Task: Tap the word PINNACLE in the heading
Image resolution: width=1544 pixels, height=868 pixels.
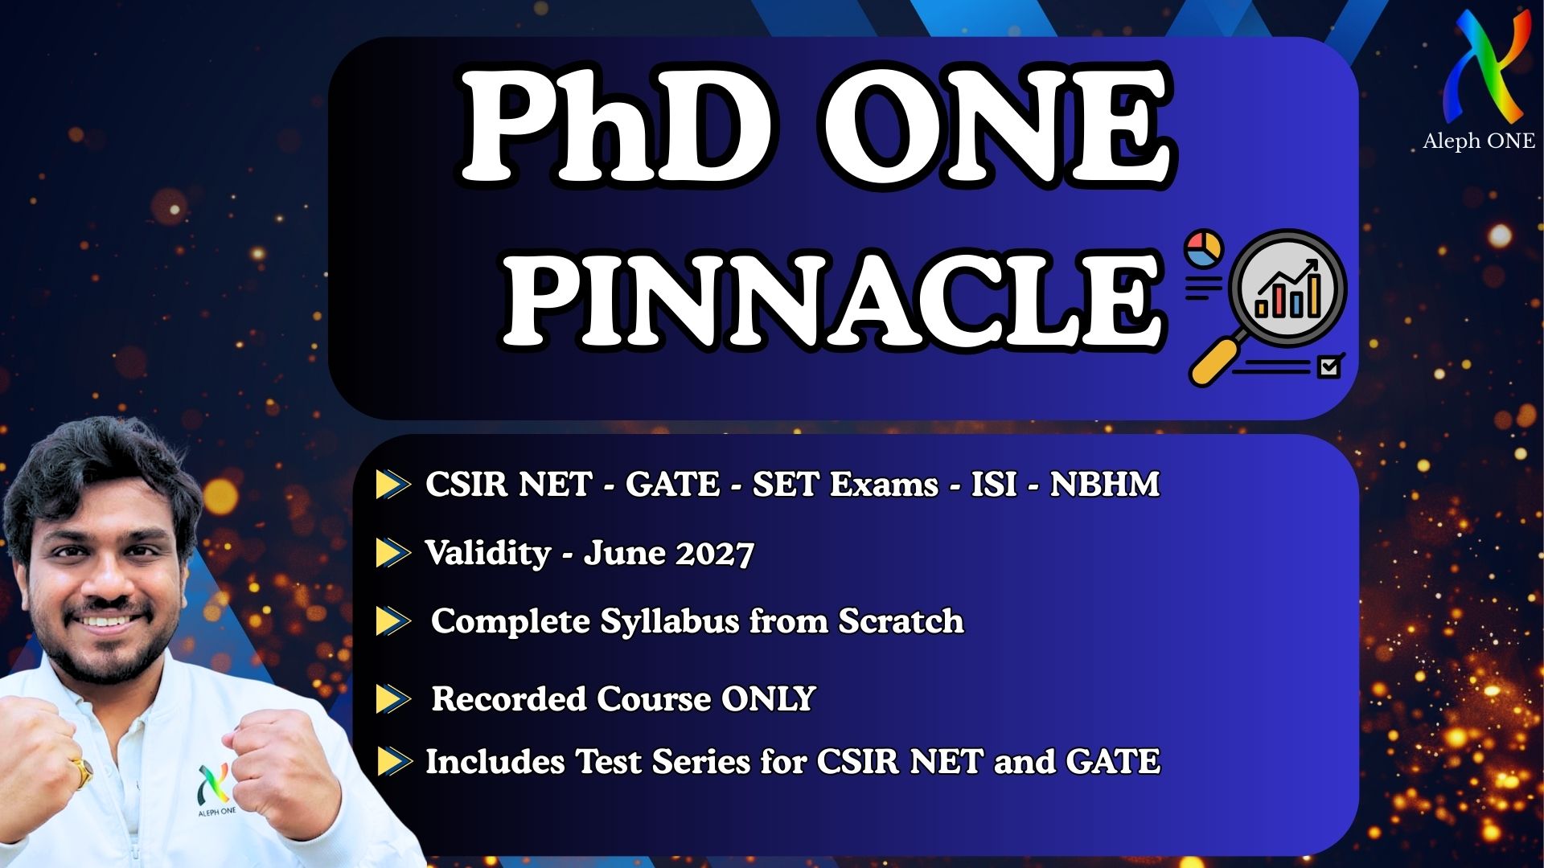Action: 832,299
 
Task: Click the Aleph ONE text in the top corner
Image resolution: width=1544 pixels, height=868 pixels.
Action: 1478,141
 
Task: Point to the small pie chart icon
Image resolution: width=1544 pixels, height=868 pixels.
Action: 1204,248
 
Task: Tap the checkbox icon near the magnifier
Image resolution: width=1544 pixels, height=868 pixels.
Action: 1328,367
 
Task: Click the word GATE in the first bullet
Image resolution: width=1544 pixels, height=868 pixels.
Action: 672,485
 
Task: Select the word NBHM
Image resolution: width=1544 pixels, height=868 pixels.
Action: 1104,485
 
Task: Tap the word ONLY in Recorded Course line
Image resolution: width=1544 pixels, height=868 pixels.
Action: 768,699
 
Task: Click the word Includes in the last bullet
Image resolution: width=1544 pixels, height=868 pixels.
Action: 495,762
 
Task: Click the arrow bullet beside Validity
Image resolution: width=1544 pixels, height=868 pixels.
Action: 392,553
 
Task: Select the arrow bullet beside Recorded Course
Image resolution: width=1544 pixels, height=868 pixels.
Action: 392,699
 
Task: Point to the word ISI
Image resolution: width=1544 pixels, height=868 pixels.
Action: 994,485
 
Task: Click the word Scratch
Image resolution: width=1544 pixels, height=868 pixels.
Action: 901,622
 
